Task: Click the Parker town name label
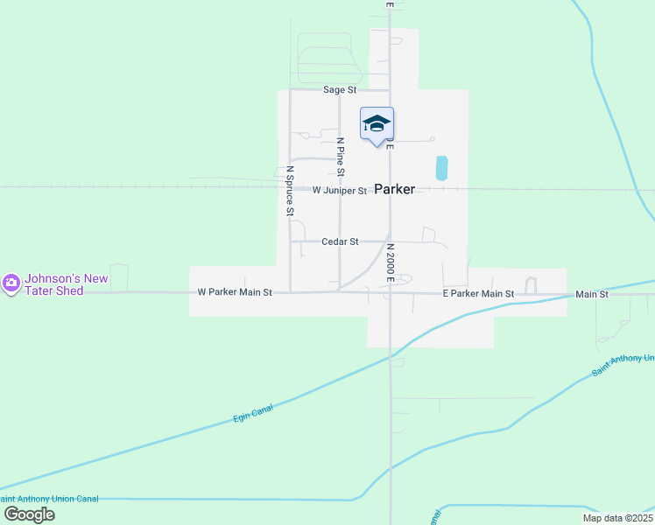395,189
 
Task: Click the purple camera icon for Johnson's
11,283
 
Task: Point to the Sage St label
340,90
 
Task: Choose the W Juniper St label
339,190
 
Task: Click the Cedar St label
340,241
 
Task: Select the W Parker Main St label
235,292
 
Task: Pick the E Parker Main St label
477,294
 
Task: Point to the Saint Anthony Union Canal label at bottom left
49,499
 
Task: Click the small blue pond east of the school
441,168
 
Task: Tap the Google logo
29,514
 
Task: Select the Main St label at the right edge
592,295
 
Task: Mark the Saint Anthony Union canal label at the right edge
623,365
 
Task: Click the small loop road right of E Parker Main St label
530,284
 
